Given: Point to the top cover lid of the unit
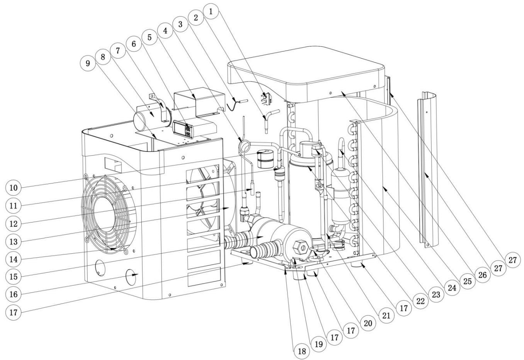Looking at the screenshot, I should (x=305, y=73).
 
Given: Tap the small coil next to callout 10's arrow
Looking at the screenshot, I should (x=265, y=159).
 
